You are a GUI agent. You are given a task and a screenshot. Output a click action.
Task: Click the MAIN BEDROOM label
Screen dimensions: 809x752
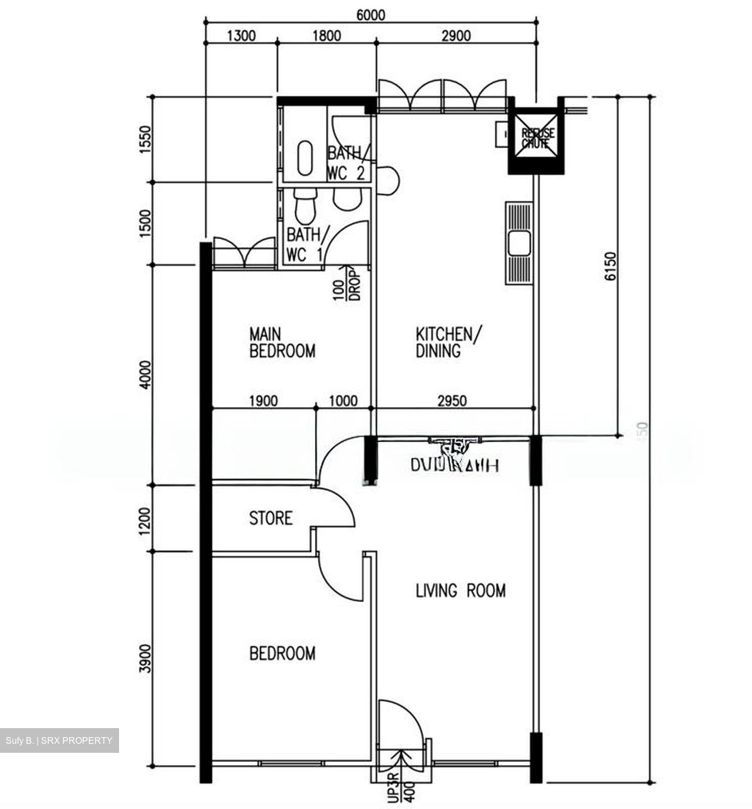282,343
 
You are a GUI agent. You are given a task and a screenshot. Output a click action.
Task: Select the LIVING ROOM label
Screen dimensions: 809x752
460,590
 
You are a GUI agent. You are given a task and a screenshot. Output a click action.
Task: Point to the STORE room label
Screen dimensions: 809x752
271,517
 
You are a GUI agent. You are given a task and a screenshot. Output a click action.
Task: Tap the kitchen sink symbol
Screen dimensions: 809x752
519,244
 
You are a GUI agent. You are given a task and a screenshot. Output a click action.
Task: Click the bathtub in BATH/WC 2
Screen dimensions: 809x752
305,158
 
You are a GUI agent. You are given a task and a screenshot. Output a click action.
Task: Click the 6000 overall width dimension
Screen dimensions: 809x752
371,15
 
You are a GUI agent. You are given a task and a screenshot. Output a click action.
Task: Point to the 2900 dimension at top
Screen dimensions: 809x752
455,36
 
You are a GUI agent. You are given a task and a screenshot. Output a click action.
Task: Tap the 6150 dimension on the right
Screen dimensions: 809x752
612,266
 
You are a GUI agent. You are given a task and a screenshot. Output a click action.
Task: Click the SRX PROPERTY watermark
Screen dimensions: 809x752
59,740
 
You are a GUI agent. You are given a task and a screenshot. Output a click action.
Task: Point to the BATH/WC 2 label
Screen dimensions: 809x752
348,163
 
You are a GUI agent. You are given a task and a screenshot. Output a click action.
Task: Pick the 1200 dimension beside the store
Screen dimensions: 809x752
145,520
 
